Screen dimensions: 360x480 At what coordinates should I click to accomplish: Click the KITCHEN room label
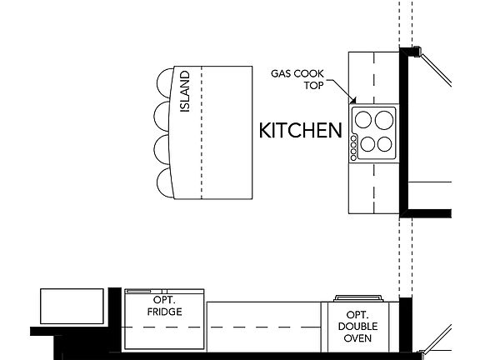300,131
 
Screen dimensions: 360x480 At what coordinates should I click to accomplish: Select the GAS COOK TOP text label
297,78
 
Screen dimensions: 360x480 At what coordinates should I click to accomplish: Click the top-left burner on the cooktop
366,119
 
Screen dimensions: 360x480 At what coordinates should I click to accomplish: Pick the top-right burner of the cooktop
384,119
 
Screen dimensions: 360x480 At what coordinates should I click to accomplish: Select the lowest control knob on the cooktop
354,156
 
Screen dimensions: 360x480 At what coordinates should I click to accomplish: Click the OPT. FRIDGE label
164,306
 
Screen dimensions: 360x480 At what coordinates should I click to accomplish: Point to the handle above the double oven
358,297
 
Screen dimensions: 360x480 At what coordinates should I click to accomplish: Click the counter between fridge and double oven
263,327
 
